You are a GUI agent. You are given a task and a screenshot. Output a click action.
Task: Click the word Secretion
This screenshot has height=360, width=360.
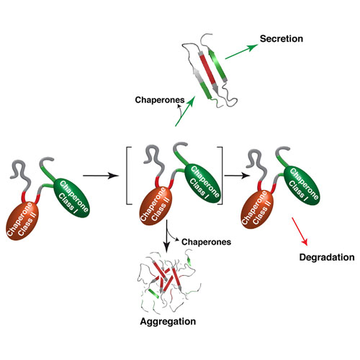tap(282, 39)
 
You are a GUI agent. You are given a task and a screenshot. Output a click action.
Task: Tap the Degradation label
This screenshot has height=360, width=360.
tap(327, 258)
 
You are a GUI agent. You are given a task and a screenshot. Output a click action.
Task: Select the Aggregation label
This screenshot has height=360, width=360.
tap(168, 322)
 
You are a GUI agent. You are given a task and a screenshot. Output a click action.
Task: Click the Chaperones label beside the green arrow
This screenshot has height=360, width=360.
tap(160, 100)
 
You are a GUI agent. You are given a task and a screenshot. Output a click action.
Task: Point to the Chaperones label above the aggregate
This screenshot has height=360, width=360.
tap(206, 242)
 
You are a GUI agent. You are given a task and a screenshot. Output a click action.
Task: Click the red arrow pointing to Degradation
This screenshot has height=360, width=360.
tap(300, 231)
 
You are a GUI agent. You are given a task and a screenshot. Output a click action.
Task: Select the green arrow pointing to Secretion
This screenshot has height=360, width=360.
tap(241, 52)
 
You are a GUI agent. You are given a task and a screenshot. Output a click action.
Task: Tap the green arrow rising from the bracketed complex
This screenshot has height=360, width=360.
tap(185, 111)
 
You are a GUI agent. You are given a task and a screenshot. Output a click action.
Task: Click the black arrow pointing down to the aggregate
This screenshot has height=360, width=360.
tap(166, 235)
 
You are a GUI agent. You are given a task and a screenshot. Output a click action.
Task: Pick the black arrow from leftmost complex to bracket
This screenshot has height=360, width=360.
tap(101, 176)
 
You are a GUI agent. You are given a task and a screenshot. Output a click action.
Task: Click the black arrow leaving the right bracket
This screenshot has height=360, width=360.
tap(237, 176)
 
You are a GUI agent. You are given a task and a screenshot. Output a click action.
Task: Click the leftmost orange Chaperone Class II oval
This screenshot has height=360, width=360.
tap(22, 220)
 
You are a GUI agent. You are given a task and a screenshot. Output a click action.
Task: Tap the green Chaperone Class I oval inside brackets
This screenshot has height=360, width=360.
tap(202, 184)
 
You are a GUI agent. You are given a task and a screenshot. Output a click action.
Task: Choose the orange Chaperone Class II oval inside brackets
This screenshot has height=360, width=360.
tap(156, 206)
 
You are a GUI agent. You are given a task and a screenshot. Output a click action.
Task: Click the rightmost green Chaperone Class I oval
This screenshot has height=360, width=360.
tap(302, 185)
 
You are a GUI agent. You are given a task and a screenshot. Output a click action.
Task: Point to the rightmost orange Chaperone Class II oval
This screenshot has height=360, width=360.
tap(257, 209)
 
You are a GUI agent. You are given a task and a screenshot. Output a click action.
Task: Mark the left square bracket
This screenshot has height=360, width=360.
tap(128, 176)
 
